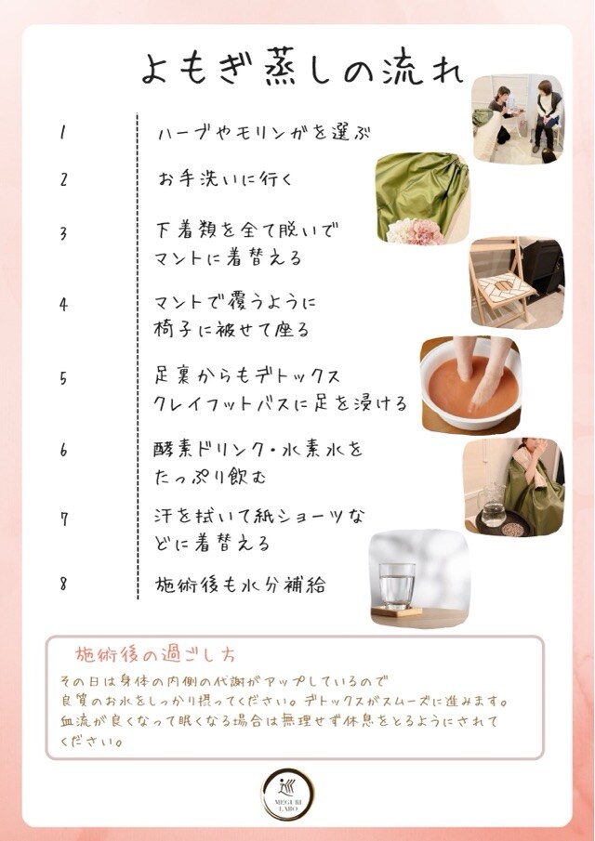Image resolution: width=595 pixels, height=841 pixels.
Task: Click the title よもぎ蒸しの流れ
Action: click(x=301, y=68)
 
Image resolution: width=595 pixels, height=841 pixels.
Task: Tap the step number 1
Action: click(x=63, y=133)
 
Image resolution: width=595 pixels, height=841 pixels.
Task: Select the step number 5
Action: click(x=63, y=378)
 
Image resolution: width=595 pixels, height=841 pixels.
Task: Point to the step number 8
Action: click(x=63, y=584)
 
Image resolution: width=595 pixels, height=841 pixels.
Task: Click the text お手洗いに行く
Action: click(x=225, y=178)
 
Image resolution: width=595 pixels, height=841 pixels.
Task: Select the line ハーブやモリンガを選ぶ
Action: click(x=264, y=133)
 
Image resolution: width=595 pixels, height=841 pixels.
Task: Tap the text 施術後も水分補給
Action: click(x=240, y=585)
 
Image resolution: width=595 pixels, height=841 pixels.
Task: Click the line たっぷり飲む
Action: click(x=210, y=477)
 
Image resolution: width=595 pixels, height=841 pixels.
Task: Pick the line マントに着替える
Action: click(x=228, y=258)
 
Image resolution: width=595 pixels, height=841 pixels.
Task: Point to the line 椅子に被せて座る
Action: click(x=231, y=329)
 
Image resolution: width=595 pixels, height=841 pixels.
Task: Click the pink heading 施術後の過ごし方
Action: click(x=154, y=654)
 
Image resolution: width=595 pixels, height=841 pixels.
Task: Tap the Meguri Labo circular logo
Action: click(x=288, y=794)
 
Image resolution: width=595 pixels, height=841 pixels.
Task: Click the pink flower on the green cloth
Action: click(x=424, y=232)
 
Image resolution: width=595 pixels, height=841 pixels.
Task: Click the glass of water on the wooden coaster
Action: click(x=397, y=586)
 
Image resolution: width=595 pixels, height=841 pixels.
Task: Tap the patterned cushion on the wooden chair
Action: click(x=506, y=288)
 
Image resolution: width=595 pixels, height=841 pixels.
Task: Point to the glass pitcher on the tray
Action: click(x=493, y=506)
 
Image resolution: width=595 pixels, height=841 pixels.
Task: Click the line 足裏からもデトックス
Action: click(x=247, y=376)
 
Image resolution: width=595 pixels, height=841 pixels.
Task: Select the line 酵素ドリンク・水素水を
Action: click(x=258, y=449)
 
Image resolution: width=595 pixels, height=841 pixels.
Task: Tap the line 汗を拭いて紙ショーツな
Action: click(x=259, y=517)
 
